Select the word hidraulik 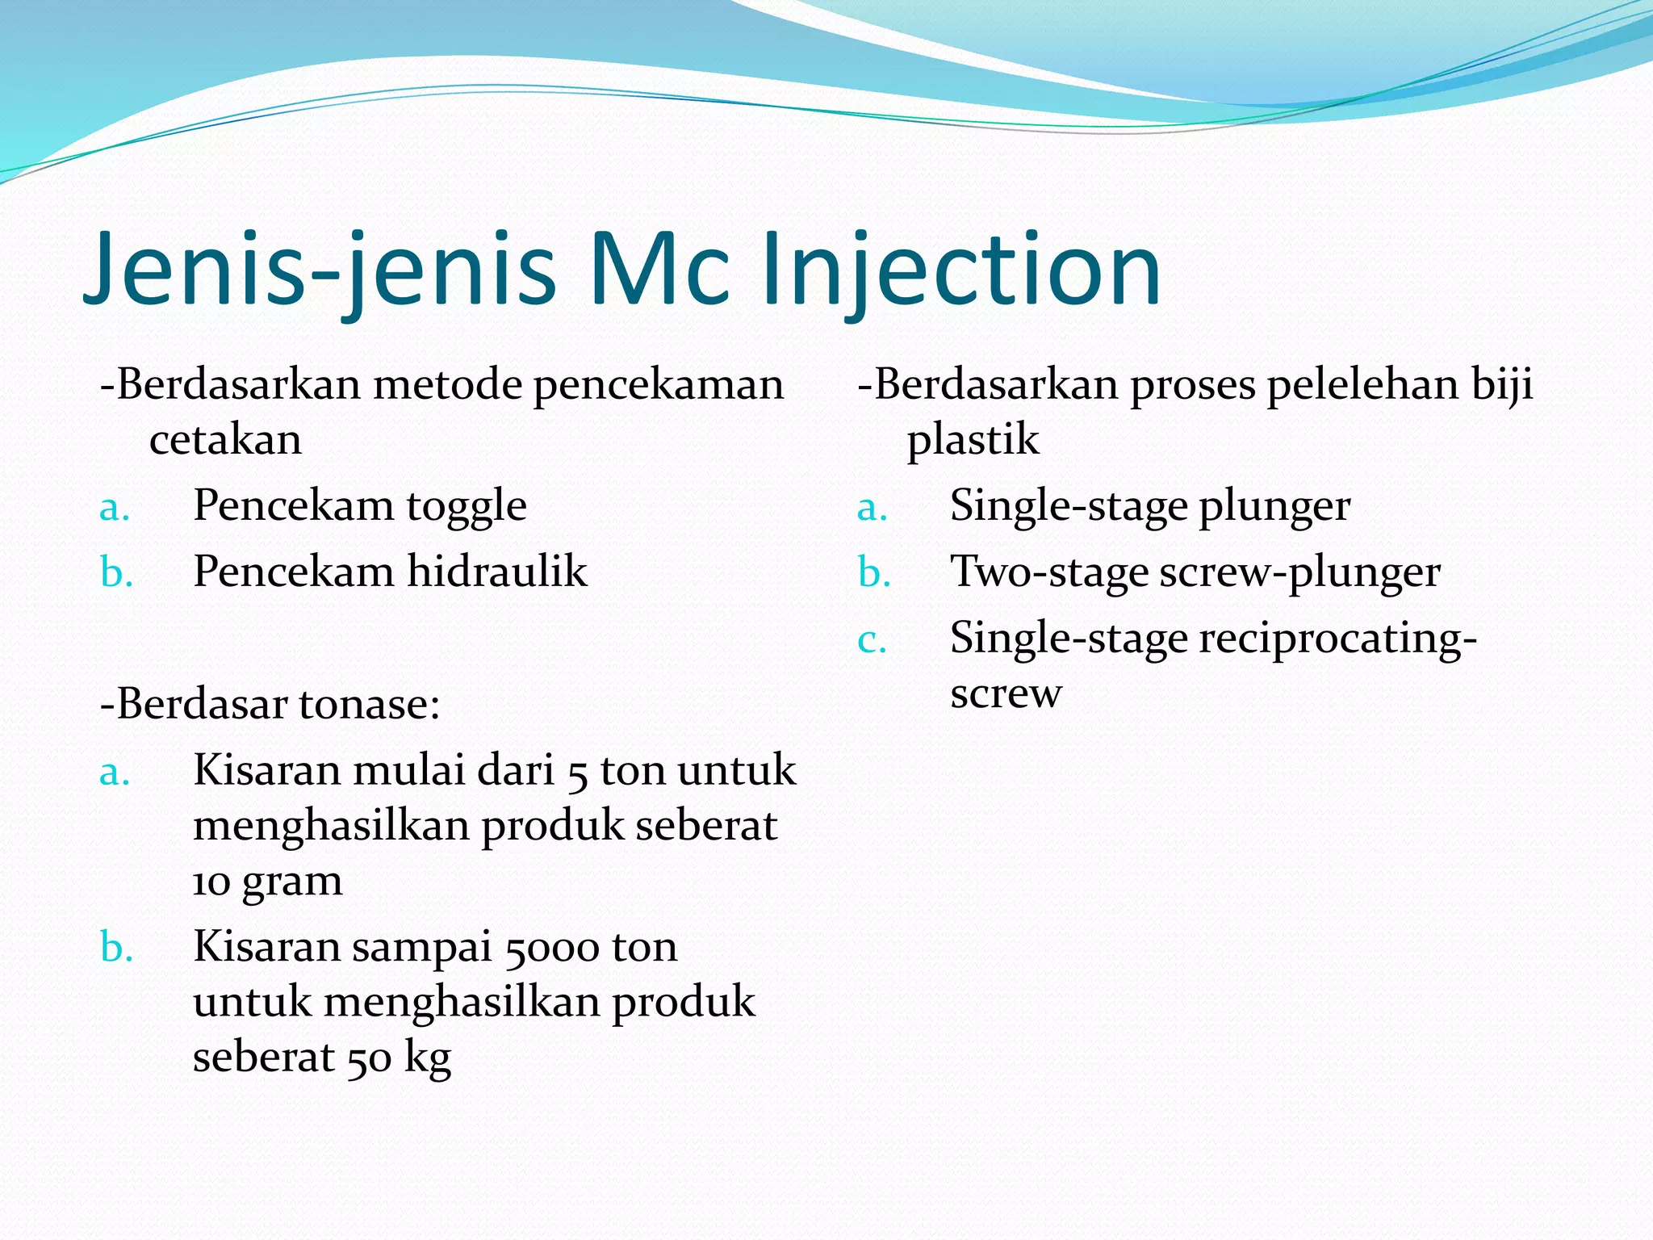(x=496, y=572)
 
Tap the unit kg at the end (x=427, y=1058)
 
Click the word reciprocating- (x=1338, y=639)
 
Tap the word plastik (x=973, y=441)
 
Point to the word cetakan (x=225, y=441)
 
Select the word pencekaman (x=659, y=386)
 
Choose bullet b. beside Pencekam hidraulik (x=116, y=572)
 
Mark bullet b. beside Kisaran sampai (x=116, y=947)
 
